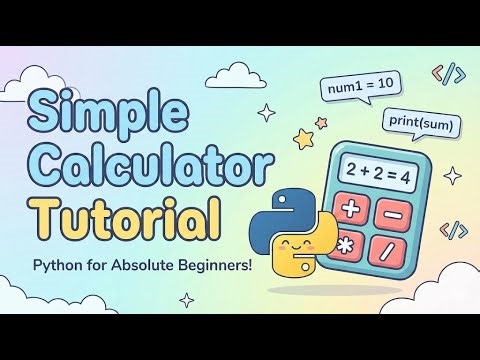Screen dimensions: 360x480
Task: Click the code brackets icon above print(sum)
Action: [449, 73]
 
